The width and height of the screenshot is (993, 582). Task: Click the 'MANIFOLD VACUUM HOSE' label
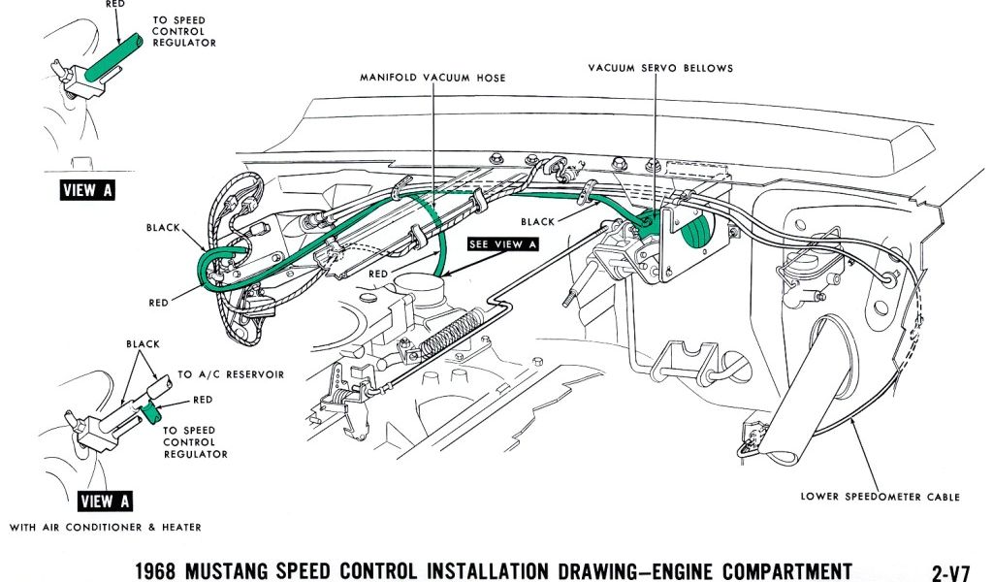(432, 78)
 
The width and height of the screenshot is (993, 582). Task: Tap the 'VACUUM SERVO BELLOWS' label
(660, 68)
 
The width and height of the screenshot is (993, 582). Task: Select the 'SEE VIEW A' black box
(502, 244)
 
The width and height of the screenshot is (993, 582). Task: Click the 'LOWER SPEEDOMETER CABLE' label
(880, 497)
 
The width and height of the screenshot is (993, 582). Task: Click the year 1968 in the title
(156, 570)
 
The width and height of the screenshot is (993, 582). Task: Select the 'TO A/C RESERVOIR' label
(231, 374)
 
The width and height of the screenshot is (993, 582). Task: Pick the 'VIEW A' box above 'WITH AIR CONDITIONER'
(105, 501)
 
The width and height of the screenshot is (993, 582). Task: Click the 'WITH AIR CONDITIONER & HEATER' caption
(106, 528)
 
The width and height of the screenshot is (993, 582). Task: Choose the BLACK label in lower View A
(143, 344)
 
